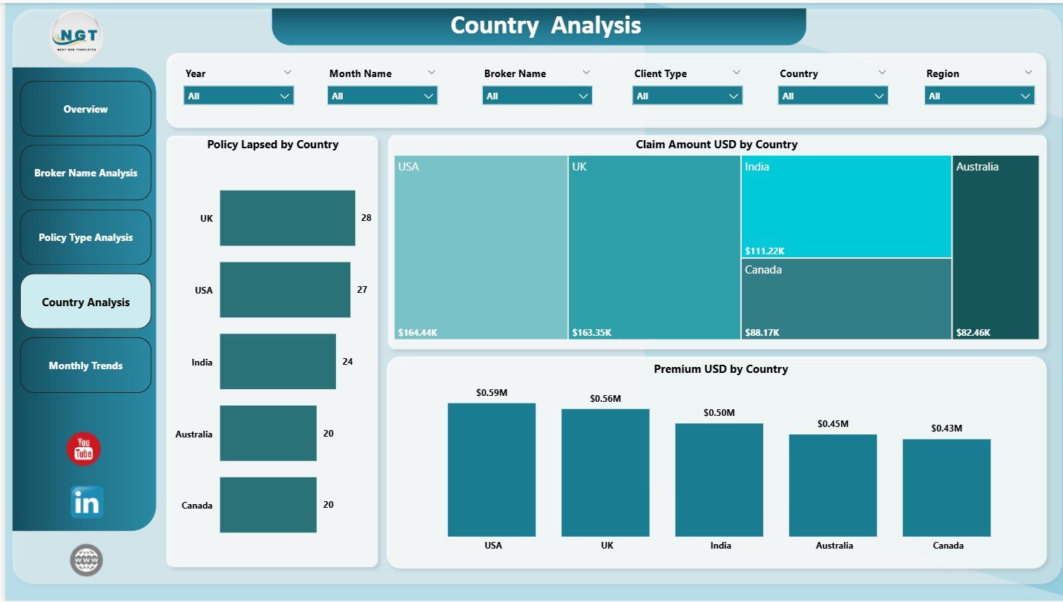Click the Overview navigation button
(85, 109)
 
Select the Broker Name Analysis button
(85, 173)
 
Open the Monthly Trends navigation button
(85, 365)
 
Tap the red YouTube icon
(84, 449)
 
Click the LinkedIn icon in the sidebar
(87, 503)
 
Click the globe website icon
(86, 560)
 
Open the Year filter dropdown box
(238, 96)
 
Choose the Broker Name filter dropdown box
(537, 96)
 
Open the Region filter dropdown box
(979, 96)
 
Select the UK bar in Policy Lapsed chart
(287, 218)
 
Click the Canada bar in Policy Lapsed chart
(268, 504)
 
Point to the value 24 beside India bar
(347, 362)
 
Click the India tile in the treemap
(846, 206)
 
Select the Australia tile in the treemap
(995, 247)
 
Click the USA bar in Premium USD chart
(491, 469)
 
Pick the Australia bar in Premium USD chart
(832, 485)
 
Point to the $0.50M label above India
(720, 412)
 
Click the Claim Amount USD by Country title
(716, 145)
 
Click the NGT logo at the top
(76, 36)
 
